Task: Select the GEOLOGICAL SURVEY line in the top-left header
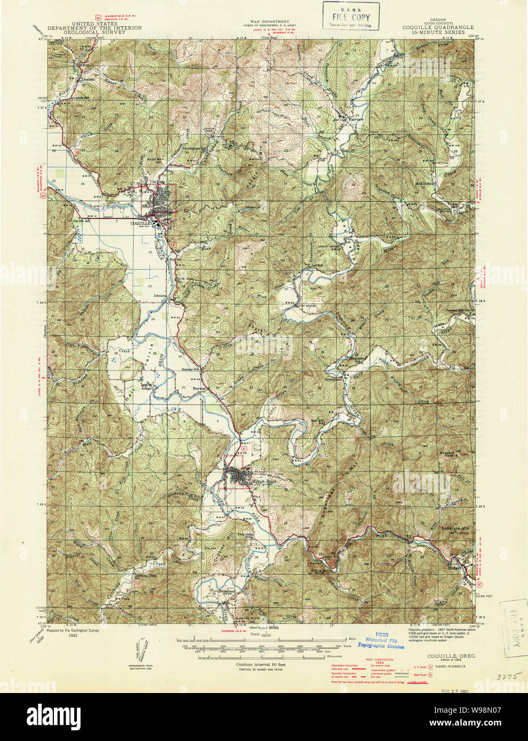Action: coord(94,32)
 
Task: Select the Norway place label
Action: coord(199,388)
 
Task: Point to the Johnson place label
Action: coord(160,295)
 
